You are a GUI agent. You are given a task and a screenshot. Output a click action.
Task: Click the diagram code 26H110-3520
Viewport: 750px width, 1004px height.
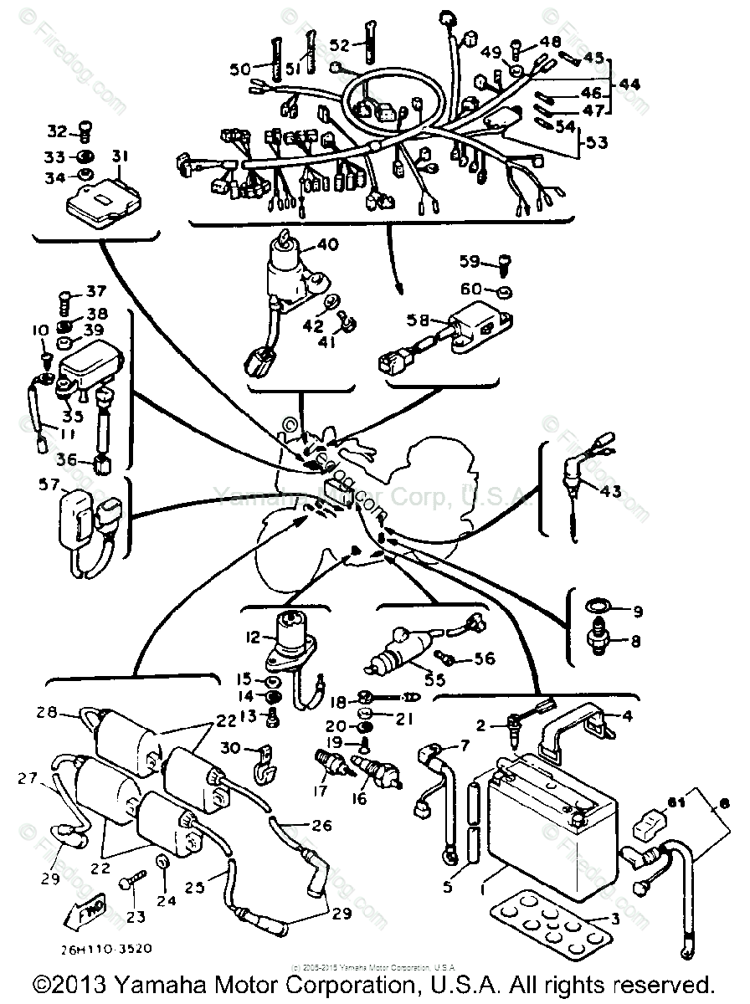pyautogui.click(x=106, y=950)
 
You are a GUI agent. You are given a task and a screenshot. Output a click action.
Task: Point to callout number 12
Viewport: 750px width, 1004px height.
pyautogui.click(x=254, y=639)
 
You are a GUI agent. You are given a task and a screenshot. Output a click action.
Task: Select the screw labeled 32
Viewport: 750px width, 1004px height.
pyautogui.click(x=84, y=130)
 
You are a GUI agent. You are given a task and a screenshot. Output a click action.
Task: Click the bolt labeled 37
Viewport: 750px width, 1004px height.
pyautogui.click(x=67, y=295)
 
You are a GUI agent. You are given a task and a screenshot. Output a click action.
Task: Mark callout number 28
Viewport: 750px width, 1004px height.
pyautogui.click(x=47, y=714)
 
